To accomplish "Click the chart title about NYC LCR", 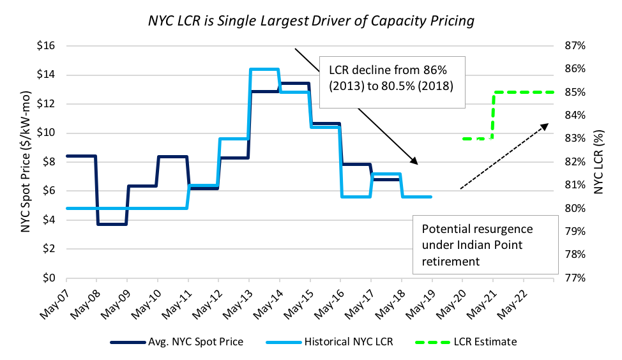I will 310,20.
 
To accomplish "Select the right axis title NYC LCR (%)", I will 598,161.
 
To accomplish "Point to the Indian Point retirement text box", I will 476,244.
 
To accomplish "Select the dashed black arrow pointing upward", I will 504,156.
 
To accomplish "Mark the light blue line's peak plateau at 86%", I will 264,69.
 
